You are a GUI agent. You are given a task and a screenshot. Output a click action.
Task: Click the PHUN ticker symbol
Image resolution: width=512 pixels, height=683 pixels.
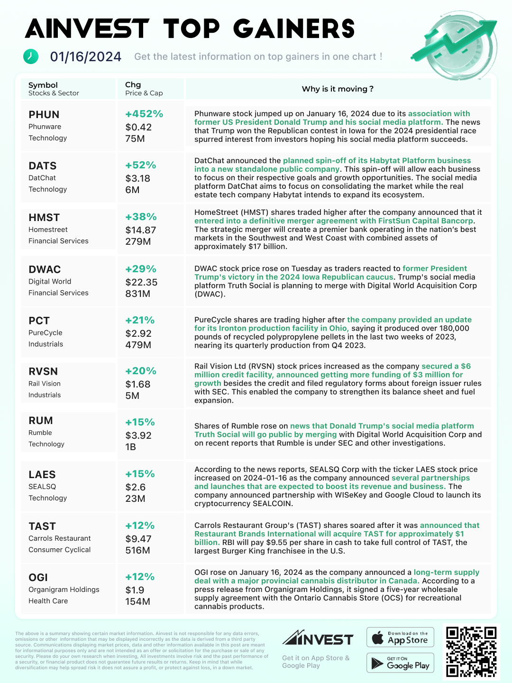coord(44,115)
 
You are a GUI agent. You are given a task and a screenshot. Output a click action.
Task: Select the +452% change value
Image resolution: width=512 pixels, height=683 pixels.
coord(144,114)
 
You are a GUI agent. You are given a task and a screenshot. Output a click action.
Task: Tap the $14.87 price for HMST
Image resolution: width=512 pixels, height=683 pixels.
coord(141,230)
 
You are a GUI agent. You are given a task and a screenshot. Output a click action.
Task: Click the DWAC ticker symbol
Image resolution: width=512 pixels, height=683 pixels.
coord(45,269)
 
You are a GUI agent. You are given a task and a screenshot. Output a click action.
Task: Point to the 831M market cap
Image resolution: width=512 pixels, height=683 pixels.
coord(137,294)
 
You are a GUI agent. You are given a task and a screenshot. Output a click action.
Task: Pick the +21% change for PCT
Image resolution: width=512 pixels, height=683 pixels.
coord(140,320)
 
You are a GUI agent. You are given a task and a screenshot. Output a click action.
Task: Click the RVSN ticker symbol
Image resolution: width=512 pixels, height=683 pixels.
coord(43,371)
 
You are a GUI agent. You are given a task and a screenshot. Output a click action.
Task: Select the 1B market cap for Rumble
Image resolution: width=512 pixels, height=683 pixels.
coord(130,447)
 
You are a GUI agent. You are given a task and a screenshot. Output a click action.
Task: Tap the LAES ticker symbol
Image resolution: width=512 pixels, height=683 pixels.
coord(42,475)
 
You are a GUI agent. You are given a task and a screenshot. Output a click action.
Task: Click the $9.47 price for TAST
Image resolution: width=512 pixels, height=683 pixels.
coord(138,539)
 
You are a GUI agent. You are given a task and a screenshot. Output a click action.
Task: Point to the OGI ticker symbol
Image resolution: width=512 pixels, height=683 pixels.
coord(38,578)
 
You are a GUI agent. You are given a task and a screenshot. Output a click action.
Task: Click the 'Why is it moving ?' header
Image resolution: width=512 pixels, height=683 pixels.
coord(338,89)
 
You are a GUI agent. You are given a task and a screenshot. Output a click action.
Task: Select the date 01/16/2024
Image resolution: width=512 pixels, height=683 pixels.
coord(86,57)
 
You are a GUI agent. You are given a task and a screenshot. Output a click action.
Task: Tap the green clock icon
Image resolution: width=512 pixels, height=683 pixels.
coord(31,56)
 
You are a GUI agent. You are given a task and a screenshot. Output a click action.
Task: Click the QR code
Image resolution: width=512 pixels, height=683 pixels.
coord(471,652)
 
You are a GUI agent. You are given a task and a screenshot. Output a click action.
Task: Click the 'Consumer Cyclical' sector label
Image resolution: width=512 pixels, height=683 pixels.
coord(60,550)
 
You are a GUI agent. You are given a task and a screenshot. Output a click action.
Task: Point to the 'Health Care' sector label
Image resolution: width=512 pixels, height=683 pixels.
coord(48,601)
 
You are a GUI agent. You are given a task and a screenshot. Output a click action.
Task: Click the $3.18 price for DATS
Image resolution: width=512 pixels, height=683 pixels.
coord(138,178)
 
